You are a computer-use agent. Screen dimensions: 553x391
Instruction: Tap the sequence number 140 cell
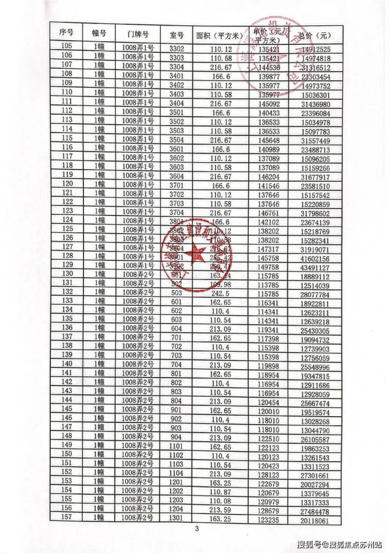[67, 364]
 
